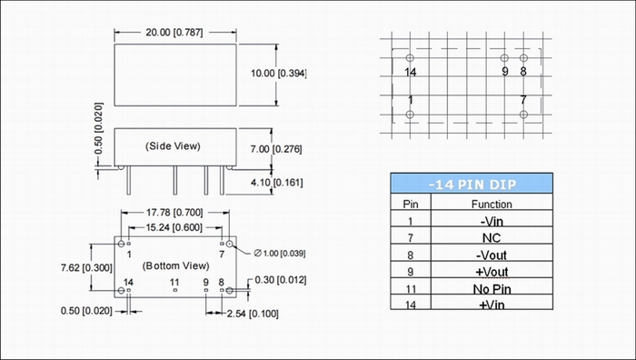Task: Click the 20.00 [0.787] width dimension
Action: coord(174,33)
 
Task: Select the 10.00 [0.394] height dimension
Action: coord(279,74)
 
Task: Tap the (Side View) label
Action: coord(173,146)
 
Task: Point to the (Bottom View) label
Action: coord(176,265)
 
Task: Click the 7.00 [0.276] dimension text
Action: coord(276,149)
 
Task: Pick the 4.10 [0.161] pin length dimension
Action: coord(276,183)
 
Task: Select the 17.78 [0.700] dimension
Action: coord(174,212)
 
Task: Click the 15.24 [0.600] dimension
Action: coord(174,227)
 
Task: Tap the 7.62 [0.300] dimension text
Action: coord(86,268)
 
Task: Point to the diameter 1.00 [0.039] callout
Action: coord(280,254)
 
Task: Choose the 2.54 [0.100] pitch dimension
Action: coord(253,314)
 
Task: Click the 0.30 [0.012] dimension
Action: coord(281,280)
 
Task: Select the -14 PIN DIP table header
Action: coord(472,185)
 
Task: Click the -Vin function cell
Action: coord(492,222)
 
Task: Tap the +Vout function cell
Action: coord(492,272)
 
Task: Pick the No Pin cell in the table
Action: coord(492,289)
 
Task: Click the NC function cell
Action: coord(492,238)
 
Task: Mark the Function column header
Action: coord(492,205)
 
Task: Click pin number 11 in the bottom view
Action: coord(174,282)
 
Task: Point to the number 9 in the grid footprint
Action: coord(505,72)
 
